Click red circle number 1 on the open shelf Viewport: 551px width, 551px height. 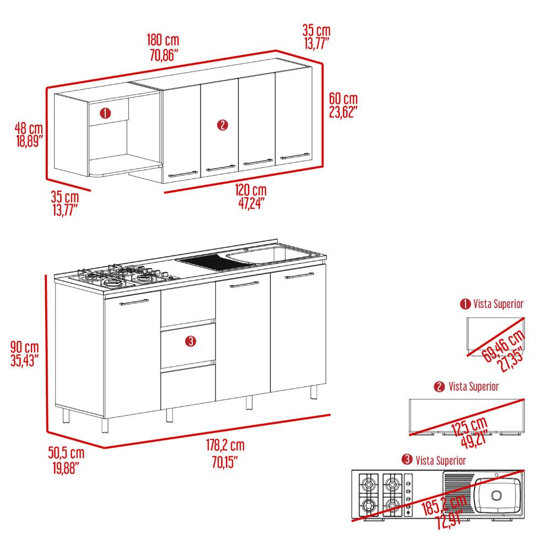tap(105, 113)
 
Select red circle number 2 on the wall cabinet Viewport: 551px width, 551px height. tap(223, 125)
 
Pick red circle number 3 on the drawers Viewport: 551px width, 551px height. tap(190, 341)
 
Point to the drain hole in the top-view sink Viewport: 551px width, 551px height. tap(496, 495)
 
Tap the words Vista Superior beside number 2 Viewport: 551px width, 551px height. tap(474, 386)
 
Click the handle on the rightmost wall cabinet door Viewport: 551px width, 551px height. tap(295, 156)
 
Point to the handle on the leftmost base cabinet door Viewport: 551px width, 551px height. tap(134, 302)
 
